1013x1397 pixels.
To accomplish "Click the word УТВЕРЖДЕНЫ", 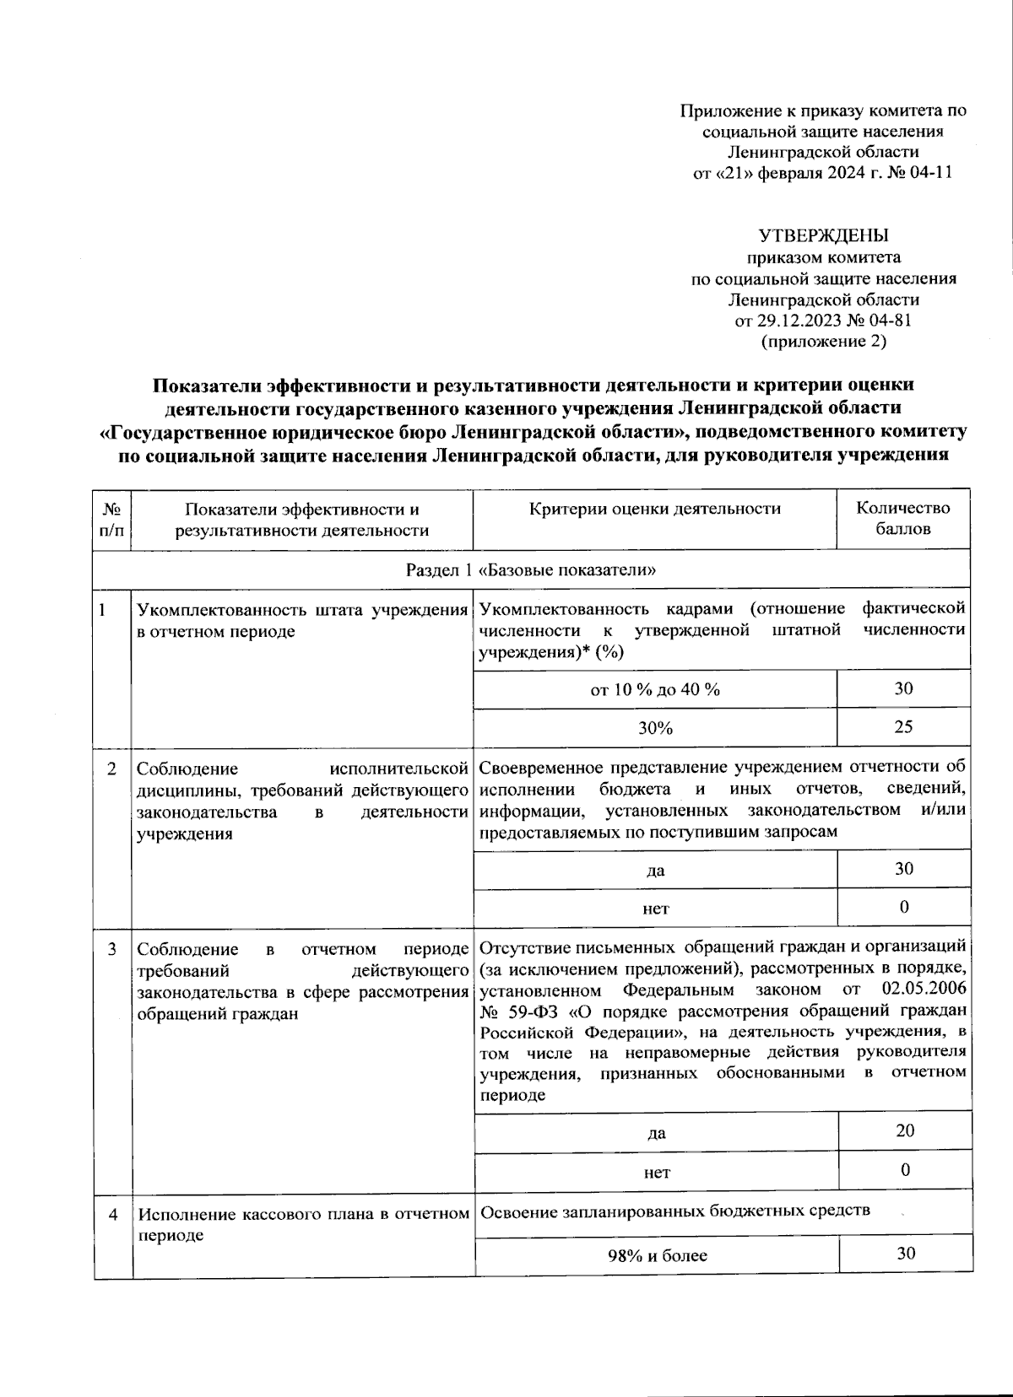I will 823,235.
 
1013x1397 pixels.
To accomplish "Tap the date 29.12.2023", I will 797,321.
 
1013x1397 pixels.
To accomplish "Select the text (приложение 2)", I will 823,342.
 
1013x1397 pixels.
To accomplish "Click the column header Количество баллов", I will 903,519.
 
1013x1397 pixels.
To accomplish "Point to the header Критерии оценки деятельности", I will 655,509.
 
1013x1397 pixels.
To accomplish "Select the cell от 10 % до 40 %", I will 655,690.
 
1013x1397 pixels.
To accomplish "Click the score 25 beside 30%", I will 903,727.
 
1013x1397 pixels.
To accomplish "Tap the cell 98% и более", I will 657,1255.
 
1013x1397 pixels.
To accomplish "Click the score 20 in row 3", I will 905,1131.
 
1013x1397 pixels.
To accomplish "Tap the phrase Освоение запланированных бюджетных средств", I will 674,1212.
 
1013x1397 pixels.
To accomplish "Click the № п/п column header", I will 112,519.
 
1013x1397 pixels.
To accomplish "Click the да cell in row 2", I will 655,871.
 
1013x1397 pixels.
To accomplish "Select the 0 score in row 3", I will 905,1170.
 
